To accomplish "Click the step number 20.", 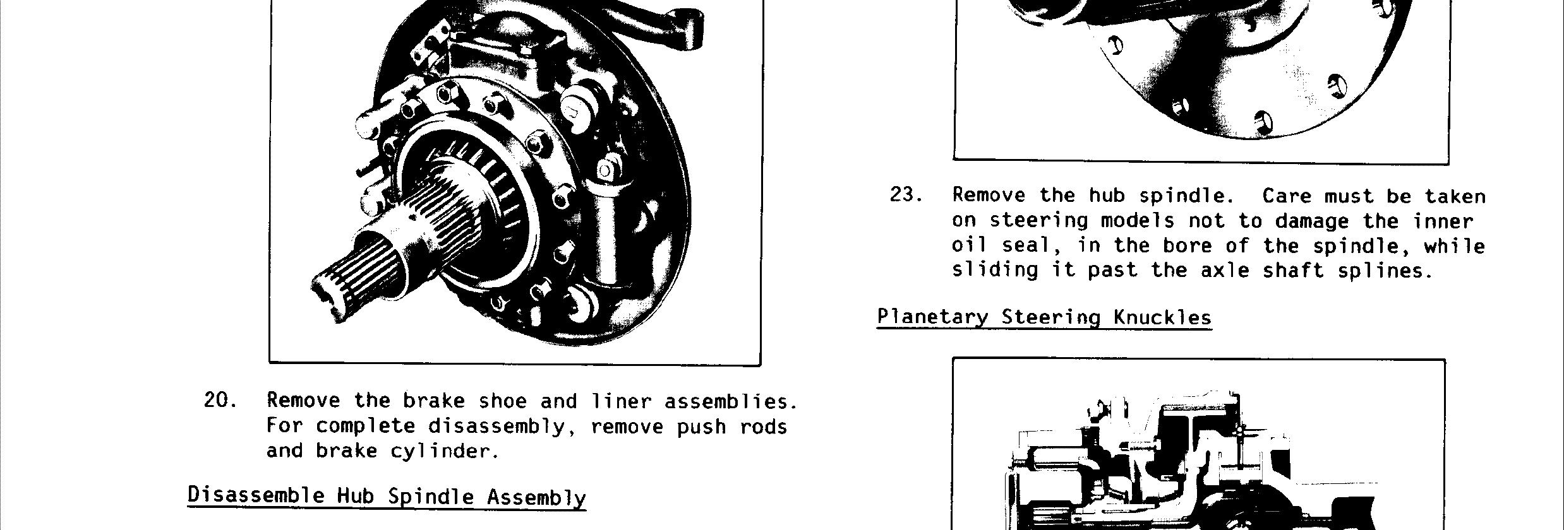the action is click(x=220, y=401).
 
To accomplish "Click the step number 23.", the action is click(x=906, y=195).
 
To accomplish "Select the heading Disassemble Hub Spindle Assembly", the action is click(x=387, y=496).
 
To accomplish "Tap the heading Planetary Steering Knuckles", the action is click(x=1044, y=317).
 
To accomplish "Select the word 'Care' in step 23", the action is click(x=1287, y=196).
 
